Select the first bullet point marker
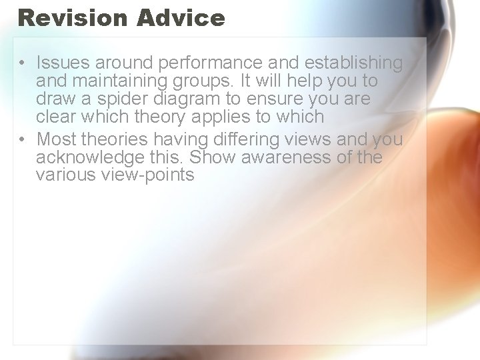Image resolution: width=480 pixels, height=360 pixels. pyautogui.click(x=22, y=64)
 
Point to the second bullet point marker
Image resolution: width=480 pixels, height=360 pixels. pyautogui.click(x=22, y=139)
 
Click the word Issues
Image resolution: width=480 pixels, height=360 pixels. pyautogui.click(x=63, y=63)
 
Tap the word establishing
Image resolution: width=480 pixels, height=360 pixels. pyautogui.click(x=353, y=64)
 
